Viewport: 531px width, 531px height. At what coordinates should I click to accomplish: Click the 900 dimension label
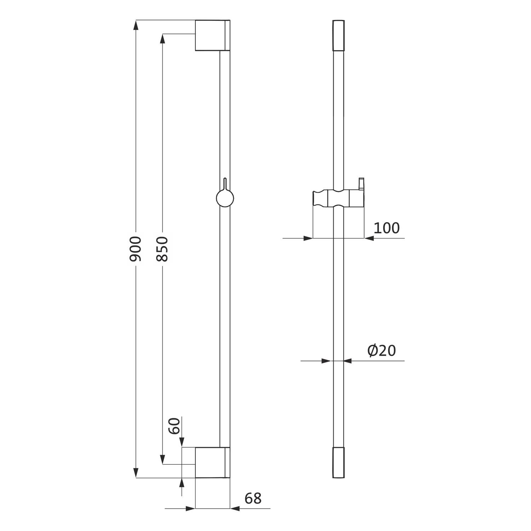(x=135, y=249)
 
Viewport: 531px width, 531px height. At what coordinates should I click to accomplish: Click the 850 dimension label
(x=162, y=249)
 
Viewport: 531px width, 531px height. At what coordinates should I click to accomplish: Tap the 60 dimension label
(x=174, y=426)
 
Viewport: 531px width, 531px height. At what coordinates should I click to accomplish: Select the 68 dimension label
(x=253, y=498)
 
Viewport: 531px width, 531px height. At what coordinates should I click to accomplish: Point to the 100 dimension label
(x=387, y=228)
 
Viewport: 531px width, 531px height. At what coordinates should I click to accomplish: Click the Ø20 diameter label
(x=382, y=350)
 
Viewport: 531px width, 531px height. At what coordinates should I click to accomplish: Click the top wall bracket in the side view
(x=212, y=35)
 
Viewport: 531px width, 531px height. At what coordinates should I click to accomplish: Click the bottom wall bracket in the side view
(x=212, y=463)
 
